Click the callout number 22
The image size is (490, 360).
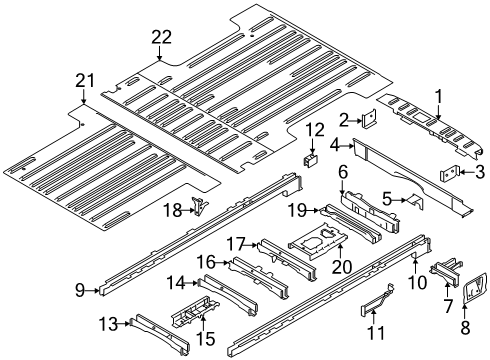point(162,37)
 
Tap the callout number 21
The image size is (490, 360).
point(81,80)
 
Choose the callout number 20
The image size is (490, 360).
point(313,267)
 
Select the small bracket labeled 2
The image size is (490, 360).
point(369,122)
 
